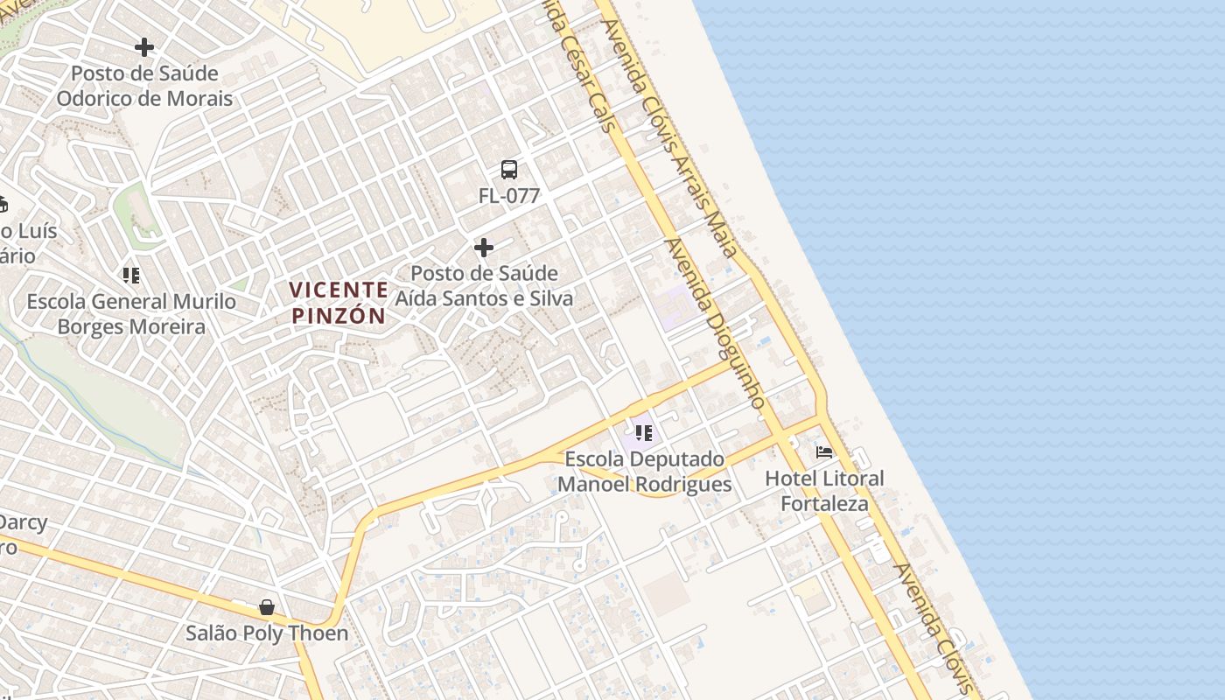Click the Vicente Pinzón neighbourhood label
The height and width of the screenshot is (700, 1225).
[x=339, y=302]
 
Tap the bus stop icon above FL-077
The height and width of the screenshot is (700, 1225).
[x=509, y=170]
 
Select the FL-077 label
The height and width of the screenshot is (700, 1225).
[x=509, y=196]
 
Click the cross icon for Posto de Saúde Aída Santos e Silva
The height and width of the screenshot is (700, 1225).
[x=484, y=248]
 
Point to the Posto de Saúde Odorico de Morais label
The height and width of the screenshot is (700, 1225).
[x=144, y=86]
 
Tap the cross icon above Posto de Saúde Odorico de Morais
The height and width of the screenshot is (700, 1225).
[x=144, y=47]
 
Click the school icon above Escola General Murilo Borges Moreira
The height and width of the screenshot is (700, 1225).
[x=131, y=276]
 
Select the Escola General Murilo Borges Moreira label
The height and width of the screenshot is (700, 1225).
[x=131, y=314]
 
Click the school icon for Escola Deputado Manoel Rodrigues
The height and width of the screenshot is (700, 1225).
[x=644, y=432]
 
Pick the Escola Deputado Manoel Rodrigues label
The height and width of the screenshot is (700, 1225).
[x=645, y=472]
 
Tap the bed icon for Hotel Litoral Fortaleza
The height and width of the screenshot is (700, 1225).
[x=824, y=452]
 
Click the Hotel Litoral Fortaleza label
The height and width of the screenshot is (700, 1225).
[x=824, y=491]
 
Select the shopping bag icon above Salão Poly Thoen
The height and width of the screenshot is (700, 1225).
[x=267, y=607]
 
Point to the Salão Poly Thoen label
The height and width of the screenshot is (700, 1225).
[x=267, y=633]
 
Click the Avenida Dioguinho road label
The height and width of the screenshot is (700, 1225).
[x=716, y=324]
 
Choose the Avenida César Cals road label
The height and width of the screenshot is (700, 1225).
[x=579, y=66]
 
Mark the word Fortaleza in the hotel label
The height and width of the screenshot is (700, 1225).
[x=824, y=504]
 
